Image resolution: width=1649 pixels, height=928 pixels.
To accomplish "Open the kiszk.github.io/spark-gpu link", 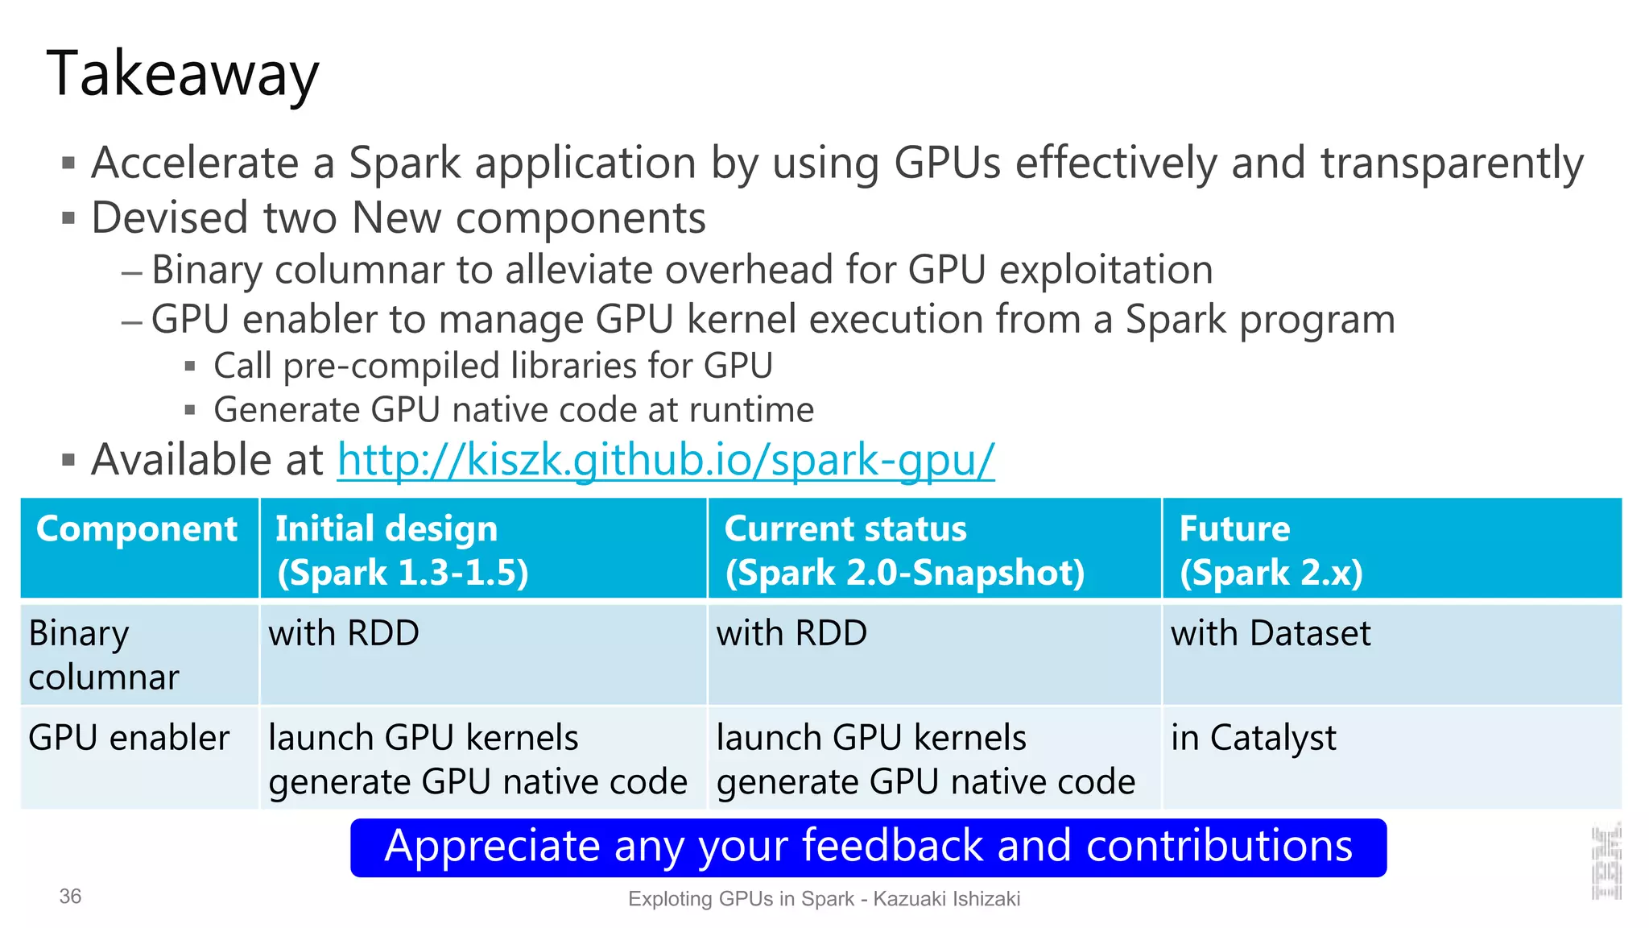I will tap(666, 460).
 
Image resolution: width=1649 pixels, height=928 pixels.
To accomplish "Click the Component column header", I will tap(137, 529).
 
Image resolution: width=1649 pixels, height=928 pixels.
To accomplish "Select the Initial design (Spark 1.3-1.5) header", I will tap(402, 550).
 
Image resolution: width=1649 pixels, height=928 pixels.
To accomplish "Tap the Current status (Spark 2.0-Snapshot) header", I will tap(904, 550).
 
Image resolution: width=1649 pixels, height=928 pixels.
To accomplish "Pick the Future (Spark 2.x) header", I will tap(1271, 550).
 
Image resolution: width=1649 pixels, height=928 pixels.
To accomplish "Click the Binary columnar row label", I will tap(103, 655).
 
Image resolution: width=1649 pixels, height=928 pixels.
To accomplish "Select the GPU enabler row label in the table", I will tap(129, 738).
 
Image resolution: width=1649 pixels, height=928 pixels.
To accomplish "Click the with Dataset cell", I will tap(1270, 633).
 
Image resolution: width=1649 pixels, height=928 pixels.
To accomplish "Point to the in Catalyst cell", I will tap(1253, 738).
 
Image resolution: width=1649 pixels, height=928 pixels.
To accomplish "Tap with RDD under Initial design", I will tap(344, 633).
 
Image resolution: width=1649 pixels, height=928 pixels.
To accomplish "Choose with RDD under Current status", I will tap(791, 633).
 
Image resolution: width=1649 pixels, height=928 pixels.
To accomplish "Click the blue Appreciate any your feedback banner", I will tap(868, 847).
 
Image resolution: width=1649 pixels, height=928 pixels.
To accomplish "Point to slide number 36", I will tap(70, 897).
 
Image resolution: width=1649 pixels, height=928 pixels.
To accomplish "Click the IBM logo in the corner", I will tap(1606, 862).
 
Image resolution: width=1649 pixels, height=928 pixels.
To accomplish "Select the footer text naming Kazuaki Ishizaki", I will tap(824, 899).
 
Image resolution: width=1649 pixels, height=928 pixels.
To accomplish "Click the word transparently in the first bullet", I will tap(1452, 164).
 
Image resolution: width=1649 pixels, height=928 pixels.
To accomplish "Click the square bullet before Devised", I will tap(68, 218).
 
